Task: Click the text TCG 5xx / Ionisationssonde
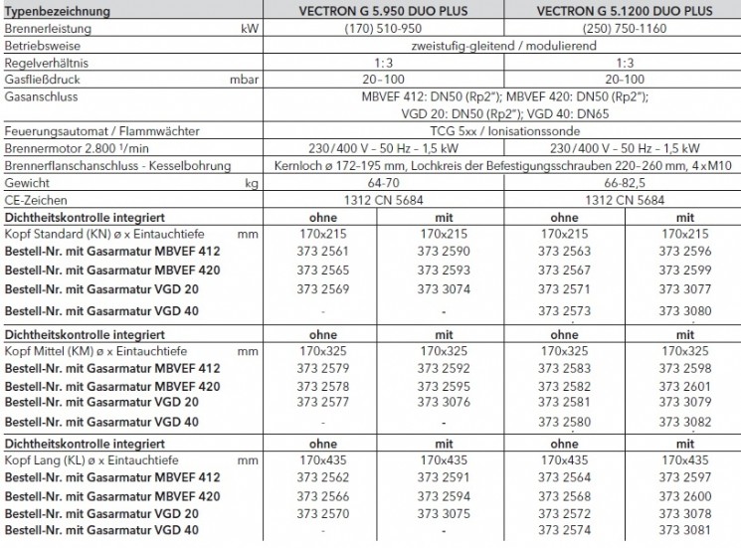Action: [x=494, y=130]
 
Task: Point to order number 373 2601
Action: [x=680, y=386]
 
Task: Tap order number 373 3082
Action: [x=680, y=422]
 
